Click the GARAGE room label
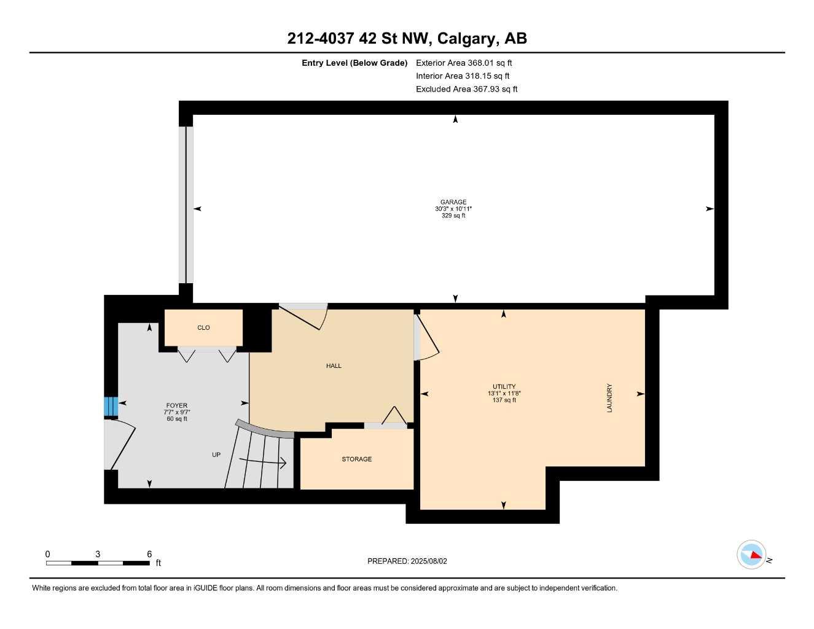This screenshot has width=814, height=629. pyautogui.click(x=453, y=202)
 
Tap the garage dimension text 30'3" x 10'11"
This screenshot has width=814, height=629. pyautogui.click(x=453, y=209)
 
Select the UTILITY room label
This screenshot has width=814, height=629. pyautogui.click(x=504, y=386)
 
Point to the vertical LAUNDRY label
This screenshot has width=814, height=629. pyautogui.click(x=609, y=398)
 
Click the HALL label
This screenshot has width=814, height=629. pyautogui.click(x=334, y=366)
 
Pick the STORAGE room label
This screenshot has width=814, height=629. pyautogui.click(x=356, y=459)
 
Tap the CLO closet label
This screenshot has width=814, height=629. pyautogui.click(x=203, y=328)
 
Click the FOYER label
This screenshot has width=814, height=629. pyautogui.click(x=177, y=405)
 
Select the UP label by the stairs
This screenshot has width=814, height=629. pyautogui.click(x=216, y=455)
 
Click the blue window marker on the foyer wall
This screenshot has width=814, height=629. pyautogui.click(x=111, y=407)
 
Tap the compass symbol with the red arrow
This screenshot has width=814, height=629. pyautogui.click(x=752, y=555)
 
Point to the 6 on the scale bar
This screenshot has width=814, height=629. pyautogui.click(x=149, y=554)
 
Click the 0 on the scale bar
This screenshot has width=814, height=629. pyautogui.click(x=48, y=554)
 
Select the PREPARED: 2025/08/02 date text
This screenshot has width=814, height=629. pyautogui.click(x=407, y=561)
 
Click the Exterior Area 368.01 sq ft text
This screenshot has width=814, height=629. pyautogui.click(x=464, y=63)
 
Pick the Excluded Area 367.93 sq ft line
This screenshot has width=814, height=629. pyautogui.click(x=466, y=89)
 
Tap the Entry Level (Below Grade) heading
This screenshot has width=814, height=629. pyautogui.click(x=354, y=63)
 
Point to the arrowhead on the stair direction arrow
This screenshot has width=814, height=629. pyautogui.click(x=284, y=463)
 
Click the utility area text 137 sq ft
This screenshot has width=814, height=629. pyautogui.click(x=504, y=400)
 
